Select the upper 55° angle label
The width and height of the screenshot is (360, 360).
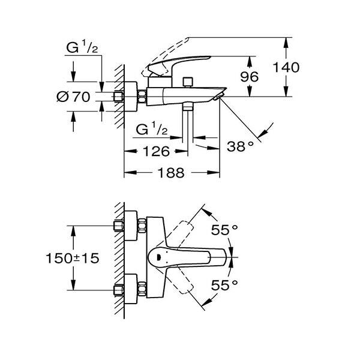[x=225, y=229]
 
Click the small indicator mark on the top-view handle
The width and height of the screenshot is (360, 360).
[x=158, y=256]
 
